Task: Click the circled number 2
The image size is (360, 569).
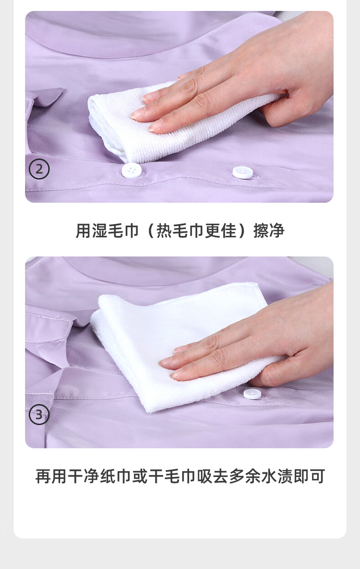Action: [x=39, y=169]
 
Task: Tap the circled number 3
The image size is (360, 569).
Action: [x=39, y=415]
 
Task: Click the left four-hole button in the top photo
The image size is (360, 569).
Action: [x=131, y=170]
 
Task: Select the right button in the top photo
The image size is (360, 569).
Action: [x=243, y=172]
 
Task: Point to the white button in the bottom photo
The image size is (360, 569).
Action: [x=252, y=394]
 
